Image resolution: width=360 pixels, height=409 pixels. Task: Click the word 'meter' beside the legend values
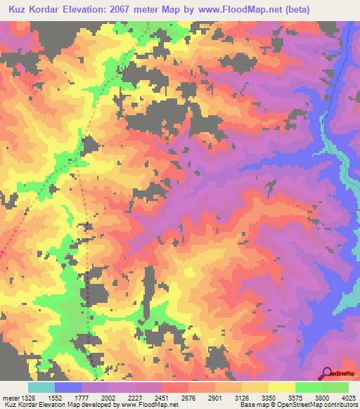pyautogui.click(x=11, y=398)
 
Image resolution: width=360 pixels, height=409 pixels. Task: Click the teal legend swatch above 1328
pyautogui.click(x=41, y=387)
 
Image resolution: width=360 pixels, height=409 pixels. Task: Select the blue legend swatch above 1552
pyautogui.click(x=68, y=387)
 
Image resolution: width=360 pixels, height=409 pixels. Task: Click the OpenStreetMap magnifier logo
pyautogui.click(x=327, y=372)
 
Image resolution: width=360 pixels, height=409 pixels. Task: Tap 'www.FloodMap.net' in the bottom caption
pyautogui.click(x=153, y=405)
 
